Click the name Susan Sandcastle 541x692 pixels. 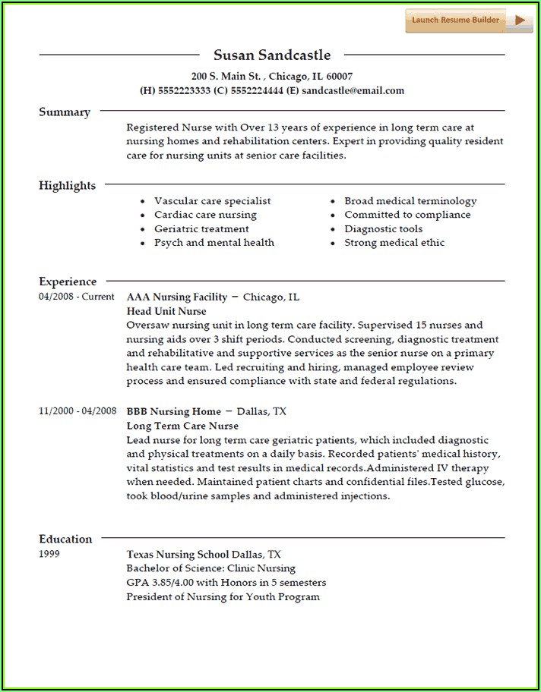pyautogui.click(x=272, y=55)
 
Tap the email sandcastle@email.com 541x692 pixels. pyautogui.click(x=353, y=90)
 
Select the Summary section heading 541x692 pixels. pyautogui.click(x=65, y=112)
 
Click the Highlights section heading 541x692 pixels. pyautogui.click(x=68, y=186)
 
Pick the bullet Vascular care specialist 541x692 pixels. pyautogui.click(x=212, y=201)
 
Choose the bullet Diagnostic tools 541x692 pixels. pyautogui.click(x=383, y=228)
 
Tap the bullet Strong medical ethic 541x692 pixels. pyautogui.click(x=394, y=243)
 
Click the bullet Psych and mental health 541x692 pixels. pyautogui.click(x=214, y=243)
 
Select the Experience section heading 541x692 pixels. pyautogui.click(x=68, y=282)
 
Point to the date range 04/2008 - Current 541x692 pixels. pyautogui.click(x=77, y=297)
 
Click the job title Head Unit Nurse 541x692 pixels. pyautogui.click(x=166, y=311)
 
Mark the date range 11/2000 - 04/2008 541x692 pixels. pyautogui.click(x=78, y=410)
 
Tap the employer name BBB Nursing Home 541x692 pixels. pyautogui.click(x=174, y=411)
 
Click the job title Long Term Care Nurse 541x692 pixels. pyautogui.click(x=182, y=426)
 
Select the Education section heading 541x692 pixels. pyautogui.click(x=65, y=539)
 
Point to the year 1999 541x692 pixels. pyautogui.click(x=49, y=554)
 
